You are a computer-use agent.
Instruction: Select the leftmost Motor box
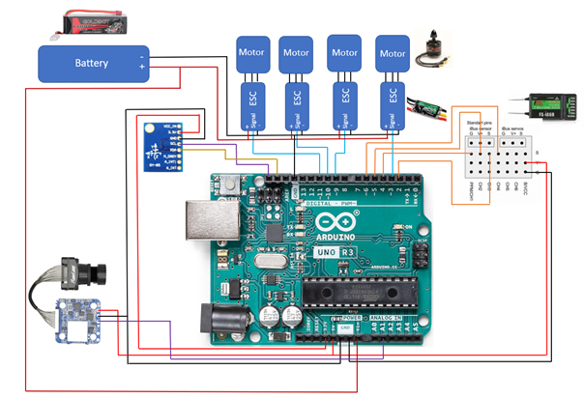pyautogui.click(x=249, y=54)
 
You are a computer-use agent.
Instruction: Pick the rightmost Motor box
pyautogui.click(x=393, y=54)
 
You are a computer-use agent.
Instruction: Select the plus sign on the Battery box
pyautogui.click(x=141, y=70)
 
